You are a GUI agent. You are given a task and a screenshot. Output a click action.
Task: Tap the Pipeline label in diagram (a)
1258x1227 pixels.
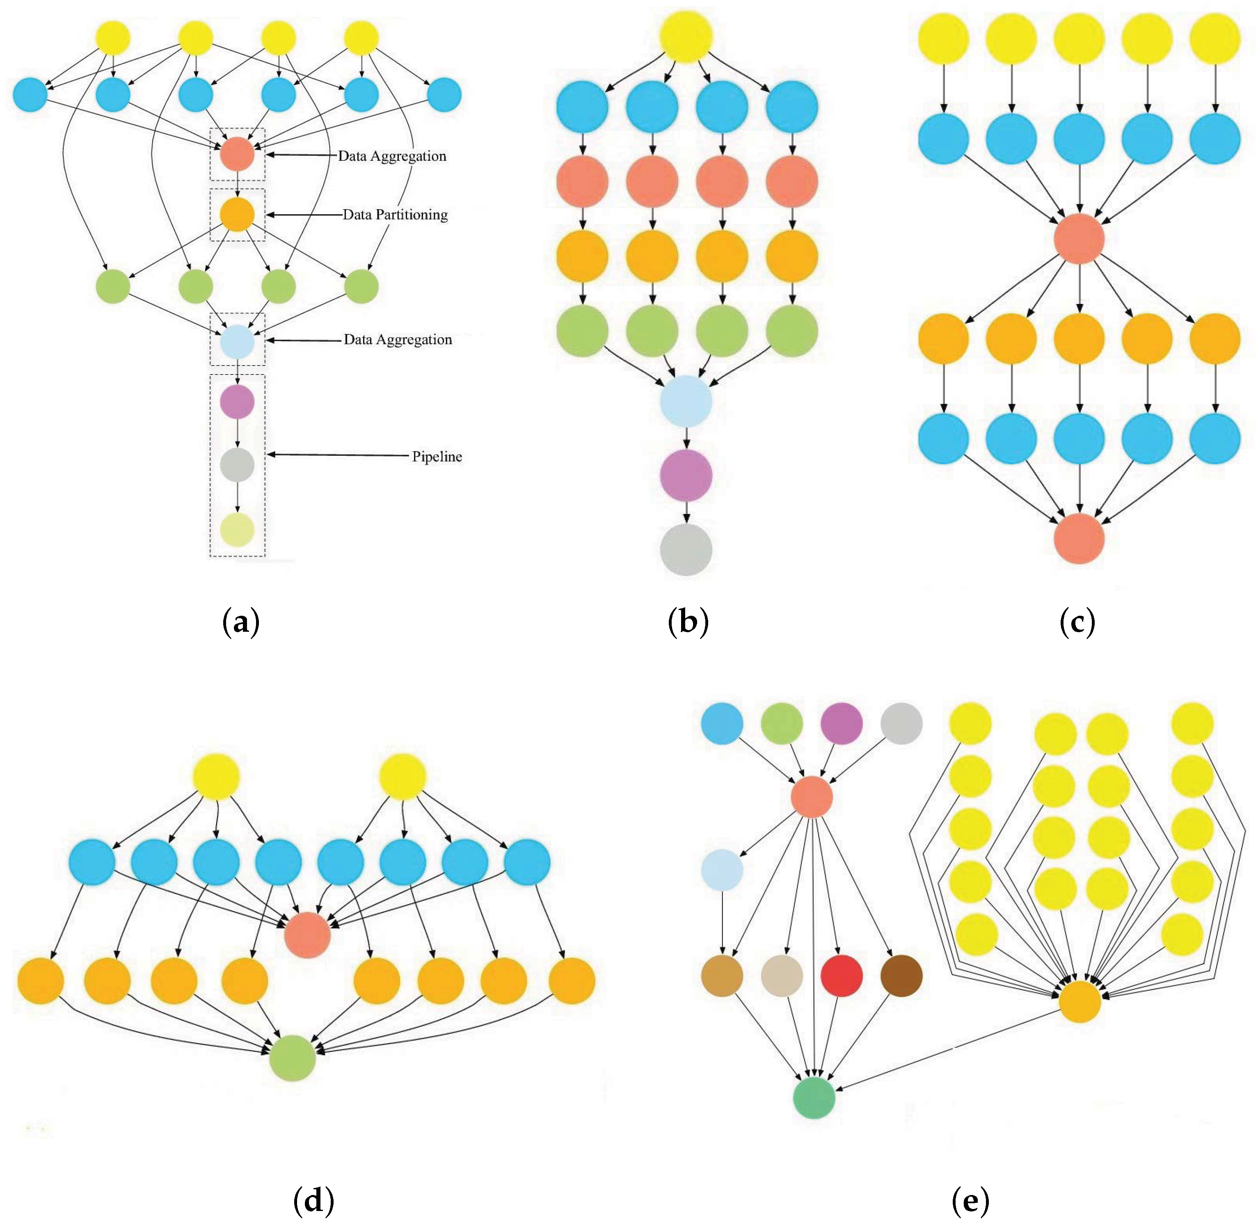[437, 456]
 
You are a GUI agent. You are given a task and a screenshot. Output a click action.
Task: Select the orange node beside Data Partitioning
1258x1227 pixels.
[237, 215]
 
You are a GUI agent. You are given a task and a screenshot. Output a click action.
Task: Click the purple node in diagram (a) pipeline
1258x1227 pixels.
[237, 402]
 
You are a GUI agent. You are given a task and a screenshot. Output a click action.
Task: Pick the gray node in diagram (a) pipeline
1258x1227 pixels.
[237, 465]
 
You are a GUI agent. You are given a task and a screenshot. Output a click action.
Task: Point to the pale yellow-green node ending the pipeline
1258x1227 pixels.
[237, 530]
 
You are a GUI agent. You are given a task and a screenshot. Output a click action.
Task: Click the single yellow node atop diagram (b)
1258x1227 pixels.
[686, 37]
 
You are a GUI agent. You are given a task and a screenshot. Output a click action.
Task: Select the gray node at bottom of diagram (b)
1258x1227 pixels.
[686, 550]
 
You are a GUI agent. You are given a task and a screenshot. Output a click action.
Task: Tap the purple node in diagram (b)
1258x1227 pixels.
[686, 475]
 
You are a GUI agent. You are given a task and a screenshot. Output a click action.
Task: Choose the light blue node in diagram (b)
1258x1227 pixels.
[686, 401]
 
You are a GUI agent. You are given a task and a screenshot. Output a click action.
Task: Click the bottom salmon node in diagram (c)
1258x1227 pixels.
[1079, 538]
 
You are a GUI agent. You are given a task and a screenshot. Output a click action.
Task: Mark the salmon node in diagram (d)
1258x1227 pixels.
[307, 935]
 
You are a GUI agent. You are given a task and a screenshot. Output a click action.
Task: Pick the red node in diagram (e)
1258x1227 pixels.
[842, 976]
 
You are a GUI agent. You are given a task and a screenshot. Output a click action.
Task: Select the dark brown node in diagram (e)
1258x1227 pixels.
[901, 976]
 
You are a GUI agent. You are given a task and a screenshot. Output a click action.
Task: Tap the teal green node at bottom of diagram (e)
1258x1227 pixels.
[814, 1097]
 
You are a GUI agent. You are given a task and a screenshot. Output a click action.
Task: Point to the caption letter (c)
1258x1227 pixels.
[1077, 622]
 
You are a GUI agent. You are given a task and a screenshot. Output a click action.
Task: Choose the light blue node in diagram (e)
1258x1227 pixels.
[722, 870]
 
